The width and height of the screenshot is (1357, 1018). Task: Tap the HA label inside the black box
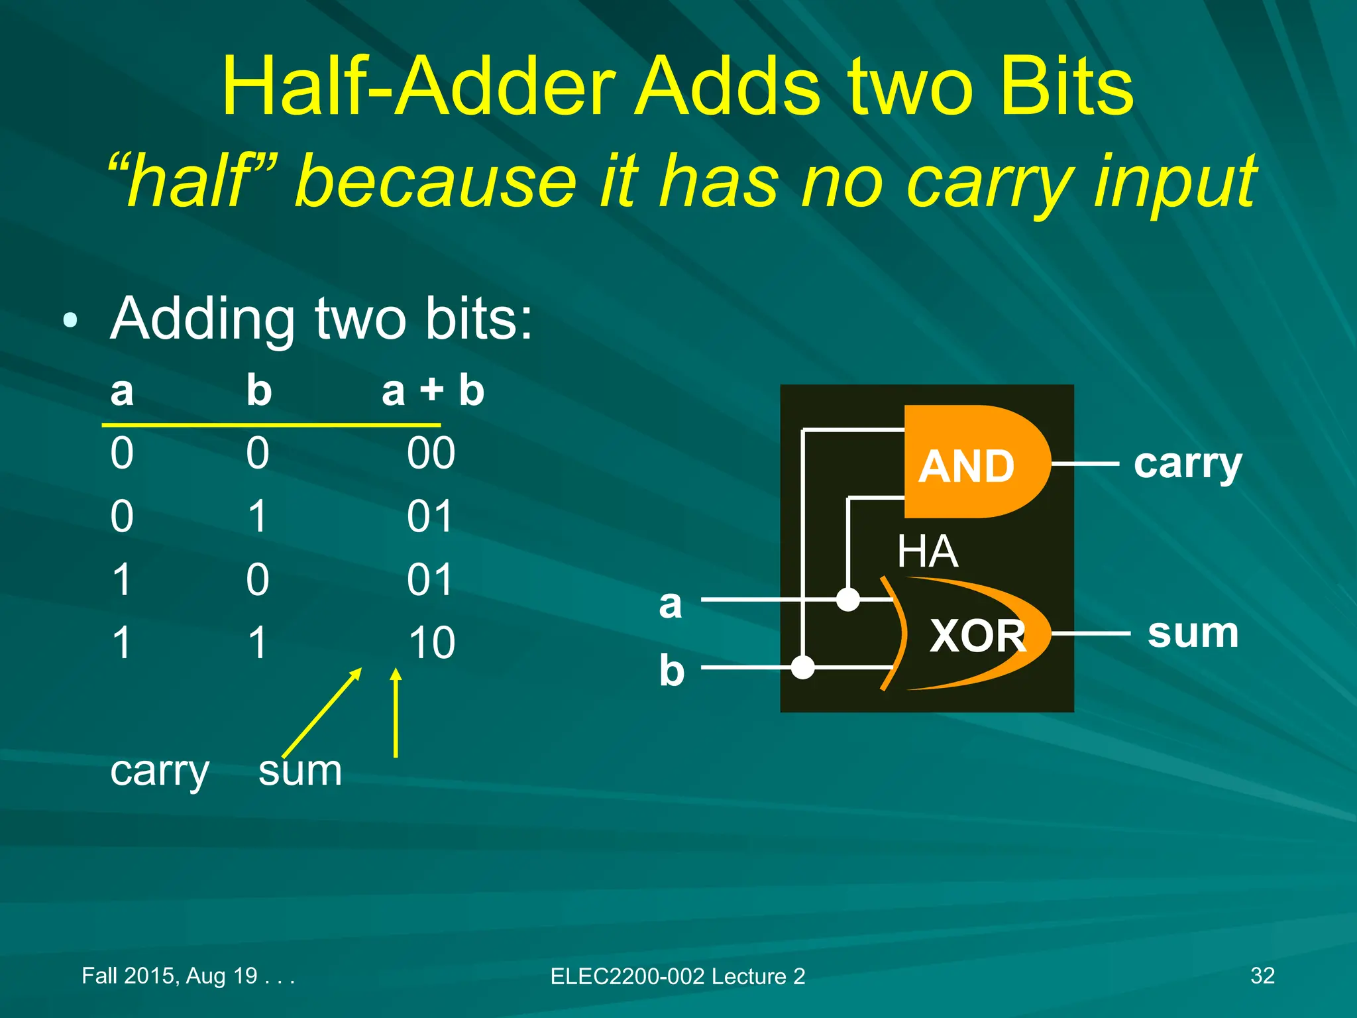(x=927, y=551)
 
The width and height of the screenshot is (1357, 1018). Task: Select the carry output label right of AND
(x=1187, y=465)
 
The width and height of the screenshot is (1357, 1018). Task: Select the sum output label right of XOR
(x=1193, y=633)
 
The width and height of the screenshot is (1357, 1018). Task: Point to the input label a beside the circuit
(x=670, y=604)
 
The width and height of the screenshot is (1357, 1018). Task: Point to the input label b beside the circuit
(x=671, y=670)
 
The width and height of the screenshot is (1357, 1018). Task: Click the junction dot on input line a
(x=848, y=600)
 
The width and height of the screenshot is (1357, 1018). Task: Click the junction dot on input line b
(x=803, y=667)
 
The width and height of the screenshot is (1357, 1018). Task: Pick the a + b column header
(x=433, y=390)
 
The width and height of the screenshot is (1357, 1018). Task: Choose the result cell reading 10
(x=431, y=643)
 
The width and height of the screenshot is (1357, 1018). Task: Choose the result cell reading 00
(x=431, y=453)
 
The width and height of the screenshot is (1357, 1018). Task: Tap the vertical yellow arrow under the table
(x=396, y=712)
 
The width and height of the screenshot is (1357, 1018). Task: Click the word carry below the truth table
(x=160, y=772)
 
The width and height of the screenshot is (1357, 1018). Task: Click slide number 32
(x=1262, y=976)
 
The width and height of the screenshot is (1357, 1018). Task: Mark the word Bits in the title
(x=1067, y=87)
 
